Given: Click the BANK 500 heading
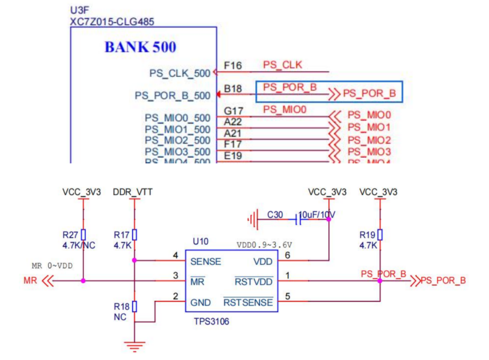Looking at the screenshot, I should [140, 47].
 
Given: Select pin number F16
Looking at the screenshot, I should [233, 65].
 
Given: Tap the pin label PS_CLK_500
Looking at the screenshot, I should [180, 73].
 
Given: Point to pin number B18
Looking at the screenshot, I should [233, 89].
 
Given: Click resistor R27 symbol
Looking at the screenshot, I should [83, 235].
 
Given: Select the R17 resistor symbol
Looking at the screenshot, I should [135, 235].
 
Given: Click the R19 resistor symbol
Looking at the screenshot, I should [380, 235].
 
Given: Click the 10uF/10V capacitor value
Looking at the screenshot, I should [318, 214].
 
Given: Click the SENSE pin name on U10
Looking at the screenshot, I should [206, 261].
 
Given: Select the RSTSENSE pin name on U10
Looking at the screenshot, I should [249, 303].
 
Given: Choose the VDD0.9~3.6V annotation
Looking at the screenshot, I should [265, 244].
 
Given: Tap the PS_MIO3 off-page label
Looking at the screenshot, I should [369, 152].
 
